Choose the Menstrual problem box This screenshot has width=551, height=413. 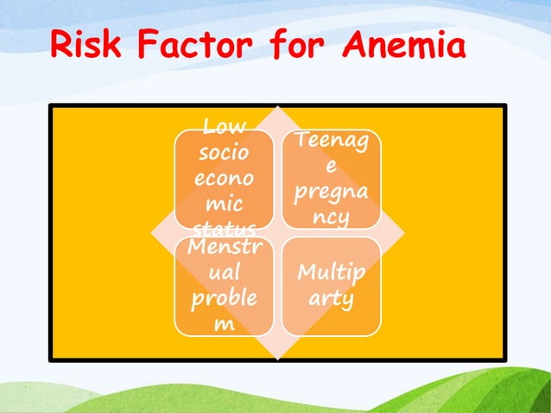tap(224, 286)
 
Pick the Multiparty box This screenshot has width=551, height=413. tap(331, 286)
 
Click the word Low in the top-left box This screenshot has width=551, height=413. tap(224, 129)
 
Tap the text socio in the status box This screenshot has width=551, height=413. tap(224, 155)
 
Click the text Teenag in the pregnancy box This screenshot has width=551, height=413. tap(331, 141)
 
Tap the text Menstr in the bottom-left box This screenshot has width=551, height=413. tap(224, 248)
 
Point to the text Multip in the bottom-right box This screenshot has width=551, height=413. tap(331, 274)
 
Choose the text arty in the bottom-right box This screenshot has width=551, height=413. tap(331, 299)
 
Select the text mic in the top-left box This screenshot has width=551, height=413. tap(224, 206)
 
